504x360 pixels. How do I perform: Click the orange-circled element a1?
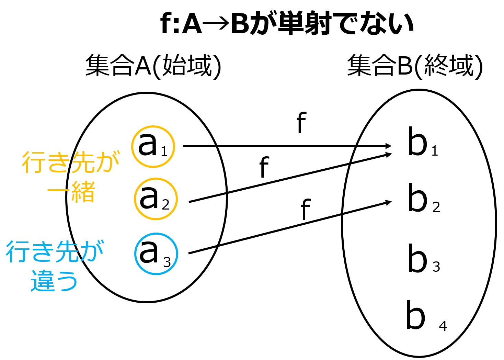[153, 146]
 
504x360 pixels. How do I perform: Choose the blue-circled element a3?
[156, 254]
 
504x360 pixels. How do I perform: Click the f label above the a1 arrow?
[301, 123]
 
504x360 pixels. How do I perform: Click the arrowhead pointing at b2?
[389, 202]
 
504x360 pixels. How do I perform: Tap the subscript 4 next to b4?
[443, 326]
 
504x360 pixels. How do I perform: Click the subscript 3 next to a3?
[167, 263]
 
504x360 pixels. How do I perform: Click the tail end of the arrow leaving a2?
[190, 202]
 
